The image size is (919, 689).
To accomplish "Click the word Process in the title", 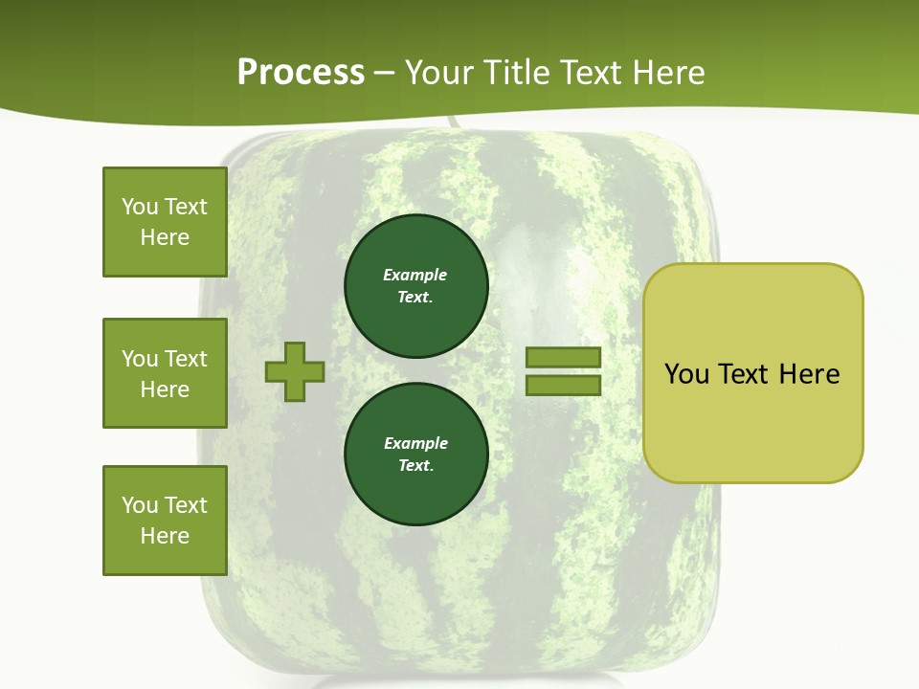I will click(x=301, y=73).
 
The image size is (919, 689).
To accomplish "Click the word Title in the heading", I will click(x=519, y=73).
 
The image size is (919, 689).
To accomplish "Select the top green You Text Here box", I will click(x=165, y=222).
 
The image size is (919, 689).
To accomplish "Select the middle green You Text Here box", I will click(x=165, y=373).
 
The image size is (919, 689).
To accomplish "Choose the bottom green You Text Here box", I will click(x=165, y=520).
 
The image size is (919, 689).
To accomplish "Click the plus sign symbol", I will click(x=295, y=372).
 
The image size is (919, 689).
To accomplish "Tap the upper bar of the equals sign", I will click(x=563, y=358).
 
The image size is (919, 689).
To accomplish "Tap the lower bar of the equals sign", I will click(x=563, y=386).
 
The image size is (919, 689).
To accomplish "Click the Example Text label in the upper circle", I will click(x=415, y=285).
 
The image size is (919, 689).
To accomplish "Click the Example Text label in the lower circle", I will click(x=415, y=454).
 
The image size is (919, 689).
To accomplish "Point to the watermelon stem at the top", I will click(x=451, y=123).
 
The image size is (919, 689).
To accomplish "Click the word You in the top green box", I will click(x=140, y=207).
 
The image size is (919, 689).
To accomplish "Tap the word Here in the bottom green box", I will click(x=165, y=536).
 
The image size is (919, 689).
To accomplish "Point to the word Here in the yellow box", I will click(x=809, y=373).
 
